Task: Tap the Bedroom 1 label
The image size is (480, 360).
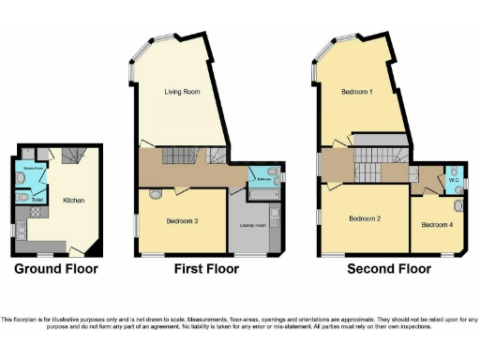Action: (357, 92)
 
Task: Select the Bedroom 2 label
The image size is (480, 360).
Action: (365, 218)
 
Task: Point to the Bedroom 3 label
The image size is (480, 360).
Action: (182, 220)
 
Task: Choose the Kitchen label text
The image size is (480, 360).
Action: (74, 201)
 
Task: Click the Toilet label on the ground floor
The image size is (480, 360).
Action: (37, 199)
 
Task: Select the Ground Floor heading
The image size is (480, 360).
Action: (55, 269)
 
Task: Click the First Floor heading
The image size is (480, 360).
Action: (205, 269)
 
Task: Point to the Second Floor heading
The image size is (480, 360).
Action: (389, 269)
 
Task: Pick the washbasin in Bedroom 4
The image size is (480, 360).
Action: (458, 205)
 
